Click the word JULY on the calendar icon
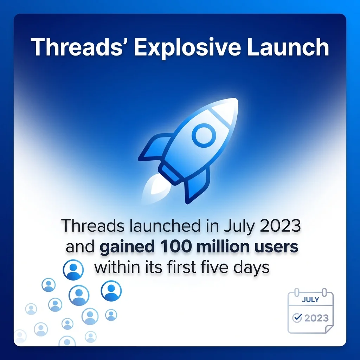pyautogui.click(x=310, y=300)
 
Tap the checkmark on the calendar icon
pyautogui.click(x=297, y=318)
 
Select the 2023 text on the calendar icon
pyautogui.click(x=316, y=318)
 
